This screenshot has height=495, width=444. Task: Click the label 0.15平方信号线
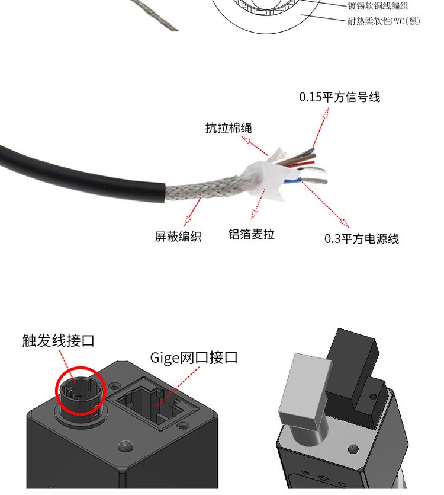[x=340, y=97]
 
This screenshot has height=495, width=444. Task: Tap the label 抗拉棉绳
[x=229, y=128]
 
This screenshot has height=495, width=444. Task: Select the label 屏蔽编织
[x=178, y=236]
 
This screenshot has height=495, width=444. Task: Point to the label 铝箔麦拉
[x=252, y=234]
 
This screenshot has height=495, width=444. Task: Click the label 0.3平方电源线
[x=362, y=239]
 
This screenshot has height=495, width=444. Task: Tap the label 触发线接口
[x=59, y=341]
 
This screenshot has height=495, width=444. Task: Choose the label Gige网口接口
[x=194, y=357]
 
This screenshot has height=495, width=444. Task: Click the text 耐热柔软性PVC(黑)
[x=384, y=21]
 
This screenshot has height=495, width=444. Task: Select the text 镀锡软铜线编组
[x=378, y=6]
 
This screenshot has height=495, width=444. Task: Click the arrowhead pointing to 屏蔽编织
[x=188, y=219]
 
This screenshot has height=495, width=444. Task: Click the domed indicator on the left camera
[x=125, y=446]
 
